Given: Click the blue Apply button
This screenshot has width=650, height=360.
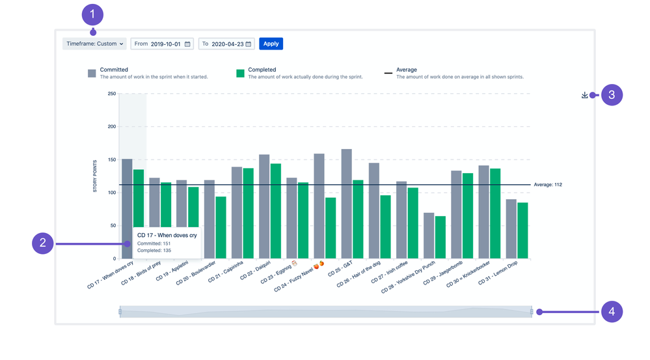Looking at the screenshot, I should [271, 44].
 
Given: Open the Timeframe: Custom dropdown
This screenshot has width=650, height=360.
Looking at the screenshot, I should [94, 44].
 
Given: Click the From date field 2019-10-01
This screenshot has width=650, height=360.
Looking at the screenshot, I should [162, 44].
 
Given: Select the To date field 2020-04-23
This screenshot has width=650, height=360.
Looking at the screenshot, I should [226, 44].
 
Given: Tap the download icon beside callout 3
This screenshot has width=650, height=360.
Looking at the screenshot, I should [585, 95].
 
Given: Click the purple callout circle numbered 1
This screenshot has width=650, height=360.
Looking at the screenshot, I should [92, 14].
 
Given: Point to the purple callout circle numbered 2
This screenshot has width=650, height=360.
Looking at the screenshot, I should [42, 243].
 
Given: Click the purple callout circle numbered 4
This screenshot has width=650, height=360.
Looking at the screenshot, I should [612, 312].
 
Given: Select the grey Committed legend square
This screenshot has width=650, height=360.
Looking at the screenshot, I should [92, 74].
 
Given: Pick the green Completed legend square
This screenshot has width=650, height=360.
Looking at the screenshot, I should [240, 74].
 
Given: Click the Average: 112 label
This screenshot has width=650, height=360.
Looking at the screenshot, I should [547, 185].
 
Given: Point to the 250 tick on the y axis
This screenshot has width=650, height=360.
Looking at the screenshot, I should [111, 94].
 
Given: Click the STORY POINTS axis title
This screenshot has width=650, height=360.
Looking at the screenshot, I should [95, 176].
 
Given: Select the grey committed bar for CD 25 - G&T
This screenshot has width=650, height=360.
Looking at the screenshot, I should [346, 204].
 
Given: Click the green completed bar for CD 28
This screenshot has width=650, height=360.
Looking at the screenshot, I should [440, 237].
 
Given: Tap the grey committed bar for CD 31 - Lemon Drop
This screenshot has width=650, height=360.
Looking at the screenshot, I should [511, 228].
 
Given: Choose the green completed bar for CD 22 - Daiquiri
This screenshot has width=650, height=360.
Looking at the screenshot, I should [276, 211].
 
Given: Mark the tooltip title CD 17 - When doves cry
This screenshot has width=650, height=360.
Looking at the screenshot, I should [167, 235].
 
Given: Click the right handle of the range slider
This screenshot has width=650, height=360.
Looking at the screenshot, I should [532, 312].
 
